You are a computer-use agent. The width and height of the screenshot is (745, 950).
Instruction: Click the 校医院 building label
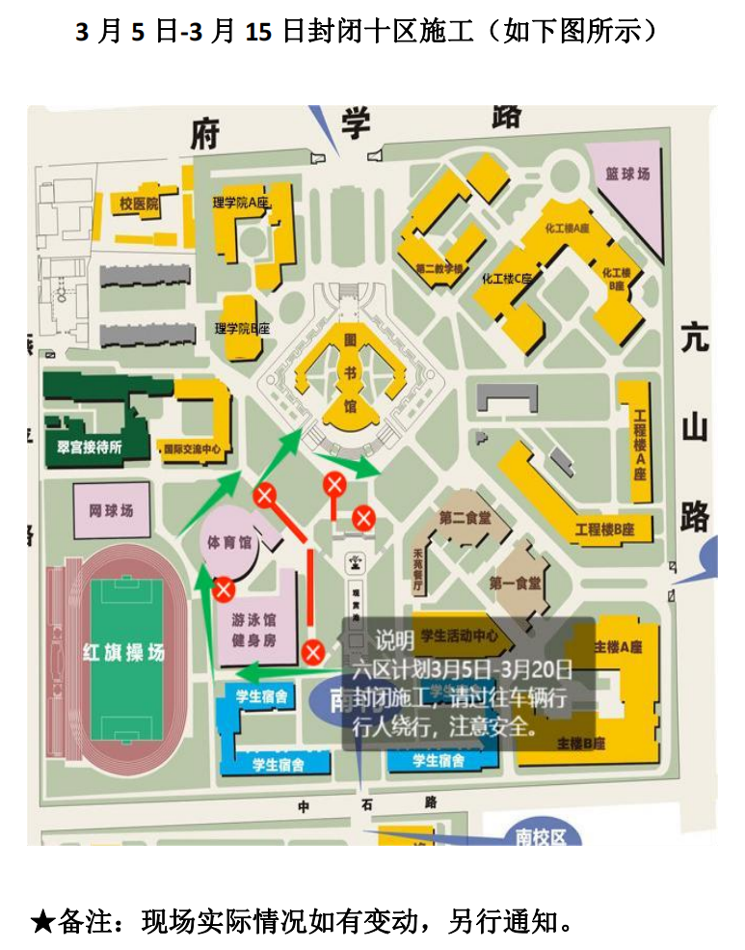click(x=138, y=204)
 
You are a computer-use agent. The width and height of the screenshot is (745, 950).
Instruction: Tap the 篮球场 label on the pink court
click(x=627, y=175)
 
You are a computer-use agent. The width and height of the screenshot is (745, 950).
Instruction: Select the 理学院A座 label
click(x=240, y=204)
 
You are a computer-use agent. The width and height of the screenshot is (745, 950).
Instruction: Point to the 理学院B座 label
click(x=242, y=329)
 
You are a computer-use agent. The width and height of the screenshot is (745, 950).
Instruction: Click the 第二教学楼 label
click(x=439, y=267)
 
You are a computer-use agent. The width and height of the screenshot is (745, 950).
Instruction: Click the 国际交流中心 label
click(x=193, y=448)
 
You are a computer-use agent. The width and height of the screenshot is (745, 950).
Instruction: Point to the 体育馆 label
click(x=229, y=542)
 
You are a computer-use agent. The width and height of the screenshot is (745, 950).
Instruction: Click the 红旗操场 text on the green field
click(x=122, y=653)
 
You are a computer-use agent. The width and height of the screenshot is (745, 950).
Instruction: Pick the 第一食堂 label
click(x=515, y=583)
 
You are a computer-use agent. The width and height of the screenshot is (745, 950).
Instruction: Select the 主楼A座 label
click(x=619, y=645)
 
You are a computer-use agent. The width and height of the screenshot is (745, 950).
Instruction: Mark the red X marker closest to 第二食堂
click(x=362, y=518)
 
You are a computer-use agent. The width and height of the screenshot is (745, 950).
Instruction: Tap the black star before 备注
click(x=41, y=921)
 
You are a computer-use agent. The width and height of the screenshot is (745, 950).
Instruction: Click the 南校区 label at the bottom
click(x=541, y=836)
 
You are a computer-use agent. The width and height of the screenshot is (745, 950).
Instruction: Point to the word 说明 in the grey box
click(x=394, y=641)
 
